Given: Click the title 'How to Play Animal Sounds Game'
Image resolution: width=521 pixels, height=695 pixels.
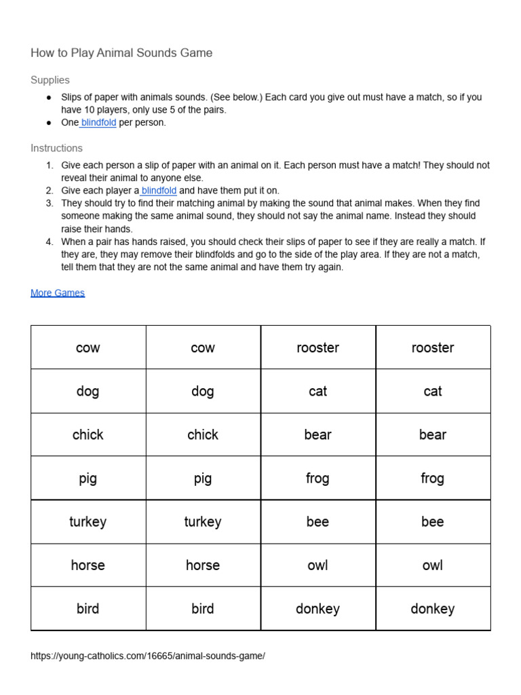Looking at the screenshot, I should pyautogui.click(x=121, y=53).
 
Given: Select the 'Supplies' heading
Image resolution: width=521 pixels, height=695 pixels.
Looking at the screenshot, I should pyautogui.click(x=50, y=80).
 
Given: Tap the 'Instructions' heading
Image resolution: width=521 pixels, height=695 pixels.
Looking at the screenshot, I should pyautogui.click(x=56, y=148).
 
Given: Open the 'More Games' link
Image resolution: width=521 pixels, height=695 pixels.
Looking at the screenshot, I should pyautogui.click(x=58, y=293).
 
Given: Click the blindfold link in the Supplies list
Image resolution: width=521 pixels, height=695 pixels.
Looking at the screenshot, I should pyautogui.click(x=98, y=123).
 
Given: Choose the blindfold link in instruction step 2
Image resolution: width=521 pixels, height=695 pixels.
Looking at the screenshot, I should pyautogui.click(x=159, y=191).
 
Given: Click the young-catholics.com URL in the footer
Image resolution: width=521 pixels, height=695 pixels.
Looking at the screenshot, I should pyautogui.click(x=148, y=656).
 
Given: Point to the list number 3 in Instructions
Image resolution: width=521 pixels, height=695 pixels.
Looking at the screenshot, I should pyautogui.click(x=50, y=203).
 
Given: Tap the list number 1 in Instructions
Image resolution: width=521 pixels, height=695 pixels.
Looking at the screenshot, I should pyautogui.click(x=50, y=166).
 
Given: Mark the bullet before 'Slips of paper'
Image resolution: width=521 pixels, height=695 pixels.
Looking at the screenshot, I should pyautogui.click(x=49, y=98).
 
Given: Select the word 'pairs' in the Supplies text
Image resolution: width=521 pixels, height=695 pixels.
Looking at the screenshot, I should pyautogui.click(x=214, y=110).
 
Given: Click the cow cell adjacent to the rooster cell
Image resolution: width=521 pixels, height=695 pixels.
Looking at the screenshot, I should pyautogui.click(x=203, y=348).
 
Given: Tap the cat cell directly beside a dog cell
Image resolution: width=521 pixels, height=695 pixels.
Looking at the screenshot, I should pyautogui.click(x=317, y=392).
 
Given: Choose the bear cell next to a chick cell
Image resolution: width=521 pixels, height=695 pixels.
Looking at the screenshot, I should pyautogui.click(x=317, y=435).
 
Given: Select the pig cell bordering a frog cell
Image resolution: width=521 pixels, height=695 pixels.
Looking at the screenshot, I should pyautogui.click(x=203, y=478).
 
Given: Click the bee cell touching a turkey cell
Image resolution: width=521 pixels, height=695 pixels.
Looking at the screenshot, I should pyautogui.click(x=317, y=522).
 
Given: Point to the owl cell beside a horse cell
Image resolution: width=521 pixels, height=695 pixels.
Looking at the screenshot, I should pyautogui.click(x=317, y=565).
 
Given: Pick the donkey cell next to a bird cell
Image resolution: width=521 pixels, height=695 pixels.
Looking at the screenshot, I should pyautogui.click(x=317, y=609).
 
